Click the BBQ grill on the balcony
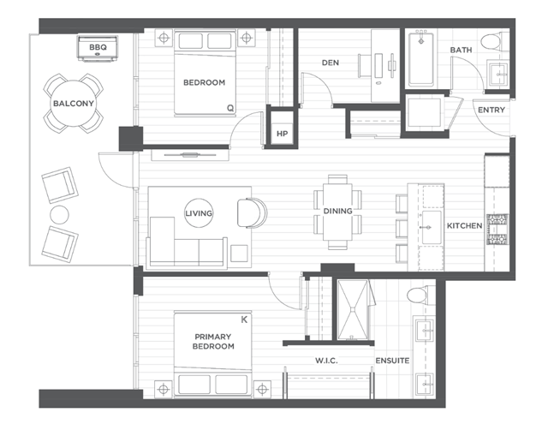pos(98,48)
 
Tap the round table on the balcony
pos(74,104)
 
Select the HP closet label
pos(282,134)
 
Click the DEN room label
pos(331,63)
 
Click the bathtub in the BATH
pos(421,59)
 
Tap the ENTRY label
pos(491,110)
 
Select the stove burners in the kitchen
pos(497,229)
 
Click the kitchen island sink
pos(432,227)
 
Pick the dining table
pos(337,212)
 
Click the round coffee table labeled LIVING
pos(199,213)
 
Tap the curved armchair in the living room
pos(252,213)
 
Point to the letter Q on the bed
pos(230,108)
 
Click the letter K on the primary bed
pos(244,320)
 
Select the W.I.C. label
pos(326,361)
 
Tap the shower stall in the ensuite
pos(353,310)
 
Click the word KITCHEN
pos(464,226)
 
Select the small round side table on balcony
pos(59,215)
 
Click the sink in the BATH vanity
pos(498,74)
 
